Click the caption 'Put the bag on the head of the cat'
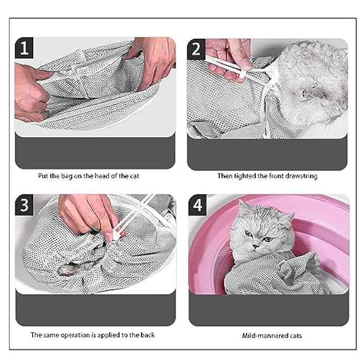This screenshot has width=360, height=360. [94, 176]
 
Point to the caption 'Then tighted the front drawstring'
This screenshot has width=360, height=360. [268, 176]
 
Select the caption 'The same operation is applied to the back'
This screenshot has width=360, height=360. [92, 335]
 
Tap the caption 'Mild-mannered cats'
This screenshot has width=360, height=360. [268, 335]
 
